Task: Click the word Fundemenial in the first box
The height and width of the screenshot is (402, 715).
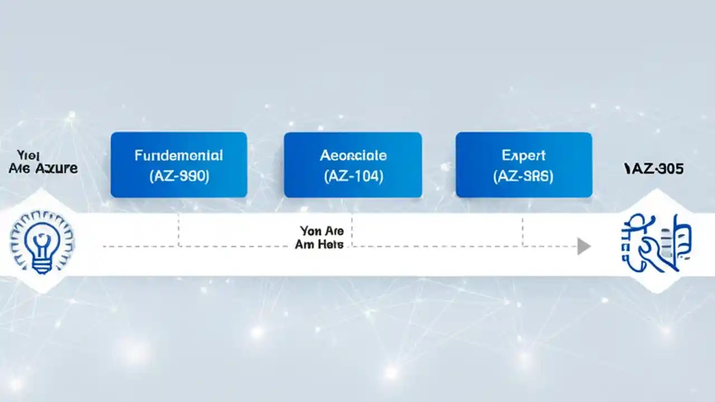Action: (179, 155)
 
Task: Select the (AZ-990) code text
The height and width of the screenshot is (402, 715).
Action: (179, 176)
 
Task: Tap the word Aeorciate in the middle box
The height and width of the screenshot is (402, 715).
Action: (353, 155)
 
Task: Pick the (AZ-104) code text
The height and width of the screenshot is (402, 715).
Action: (353, 176)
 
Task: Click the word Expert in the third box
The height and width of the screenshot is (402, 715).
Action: (523, 155)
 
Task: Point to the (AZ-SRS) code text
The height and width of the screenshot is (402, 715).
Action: (523, 176)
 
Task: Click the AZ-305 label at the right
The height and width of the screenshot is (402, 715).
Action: (654, 169)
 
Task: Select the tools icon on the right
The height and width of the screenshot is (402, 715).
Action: (656, 243)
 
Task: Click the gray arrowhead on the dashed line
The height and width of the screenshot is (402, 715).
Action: (584, 246)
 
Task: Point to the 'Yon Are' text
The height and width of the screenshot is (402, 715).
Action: (322, 231)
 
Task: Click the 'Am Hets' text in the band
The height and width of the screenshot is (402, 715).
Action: (319, 245)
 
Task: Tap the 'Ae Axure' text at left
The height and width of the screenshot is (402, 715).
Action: (43, 168)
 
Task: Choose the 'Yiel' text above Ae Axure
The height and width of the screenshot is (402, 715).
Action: (26, 155)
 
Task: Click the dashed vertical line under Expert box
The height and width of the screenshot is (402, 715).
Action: (523, 230)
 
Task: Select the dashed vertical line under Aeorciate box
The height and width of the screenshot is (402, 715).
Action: (352, 229)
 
